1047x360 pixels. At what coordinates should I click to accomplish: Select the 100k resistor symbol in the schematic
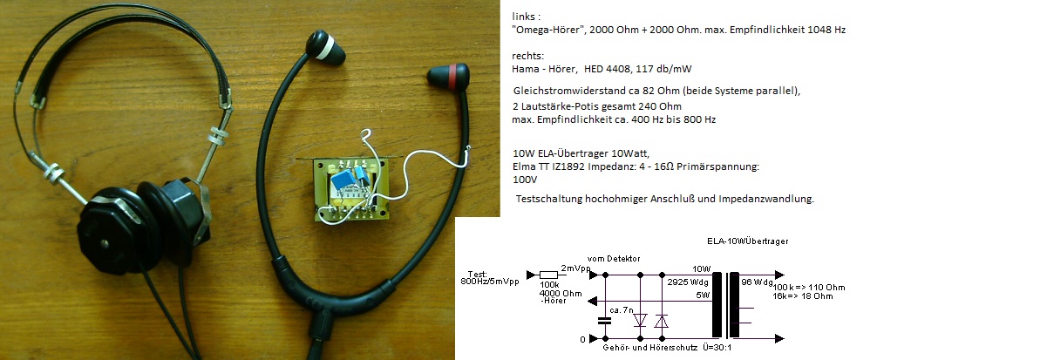pos(550,272)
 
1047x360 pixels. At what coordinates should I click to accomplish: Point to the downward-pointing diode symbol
pos(642,321)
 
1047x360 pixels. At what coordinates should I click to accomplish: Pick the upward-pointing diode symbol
pos(663,321)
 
